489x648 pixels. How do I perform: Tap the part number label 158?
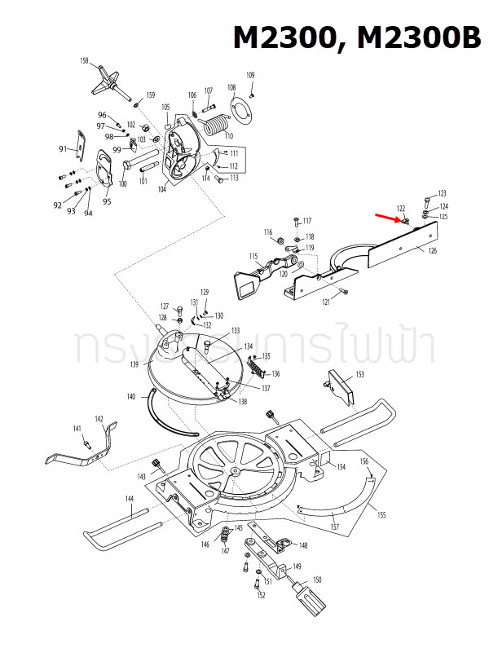pos(84,61)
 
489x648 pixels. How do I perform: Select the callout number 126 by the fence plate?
pos(432,250)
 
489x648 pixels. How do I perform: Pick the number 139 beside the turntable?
pos(134,364)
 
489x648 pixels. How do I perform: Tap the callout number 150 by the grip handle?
pos(317,580)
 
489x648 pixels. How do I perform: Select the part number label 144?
pos(129,497)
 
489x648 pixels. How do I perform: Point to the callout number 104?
pos(161,188)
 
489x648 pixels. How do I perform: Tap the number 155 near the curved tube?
pos(381,514)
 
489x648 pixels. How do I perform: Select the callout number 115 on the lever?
pos(253,256)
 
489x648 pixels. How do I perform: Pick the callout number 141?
pos(77,429)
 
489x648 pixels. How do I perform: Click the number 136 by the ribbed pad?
pos(275,373)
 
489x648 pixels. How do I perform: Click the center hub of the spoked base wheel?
pos(235,471)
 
